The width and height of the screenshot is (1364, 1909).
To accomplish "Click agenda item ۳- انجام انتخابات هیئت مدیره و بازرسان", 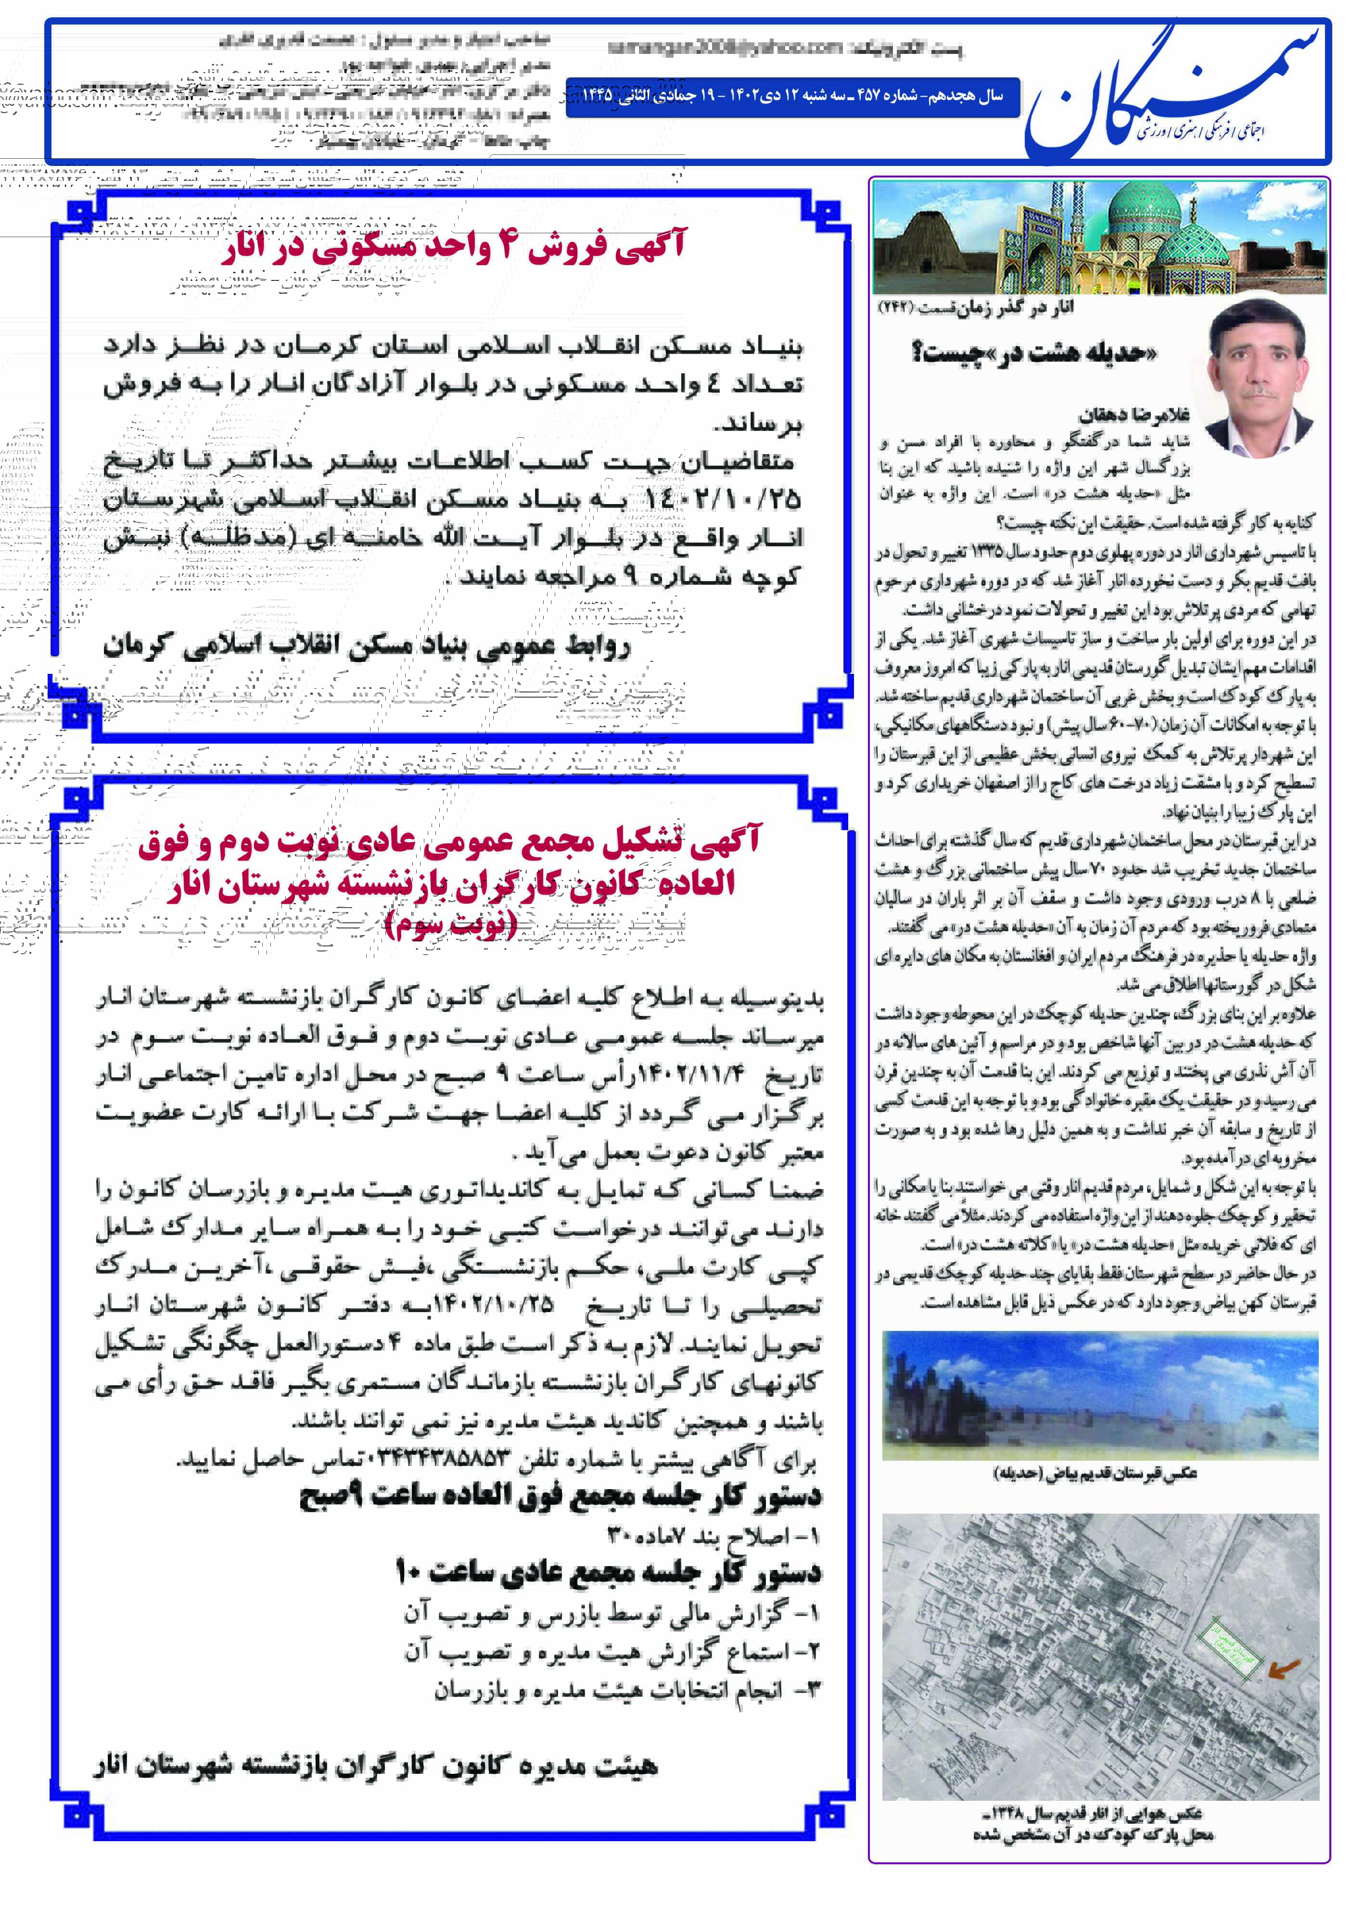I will (x=626, y=1690).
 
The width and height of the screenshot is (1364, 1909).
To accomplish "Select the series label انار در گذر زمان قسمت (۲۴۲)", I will (x=975, y=308).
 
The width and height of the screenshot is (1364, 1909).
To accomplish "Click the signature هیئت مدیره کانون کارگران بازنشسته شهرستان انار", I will (x=375, y=1766).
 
